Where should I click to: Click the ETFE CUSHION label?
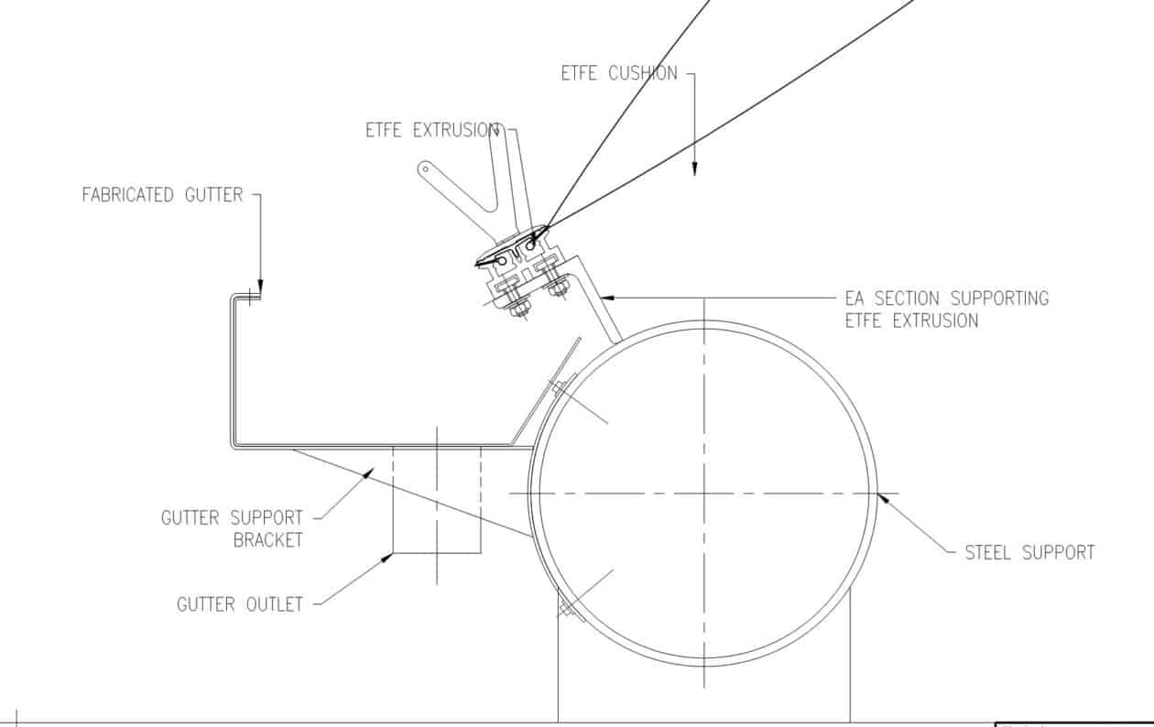pos(619,73)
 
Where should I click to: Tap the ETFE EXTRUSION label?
pos(432,130)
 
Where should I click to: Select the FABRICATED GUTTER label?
pos(162,195)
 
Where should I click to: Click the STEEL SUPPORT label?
pos(1029,552)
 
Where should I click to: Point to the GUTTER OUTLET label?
pos(239,604)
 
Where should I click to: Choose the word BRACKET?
pos(267,540)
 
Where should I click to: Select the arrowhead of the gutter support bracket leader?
pos(368,472)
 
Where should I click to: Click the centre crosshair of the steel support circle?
pos(703,494)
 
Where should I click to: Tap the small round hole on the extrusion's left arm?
pos(424,168)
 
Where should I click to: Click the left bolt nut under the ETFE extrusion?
pos(519,309)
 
